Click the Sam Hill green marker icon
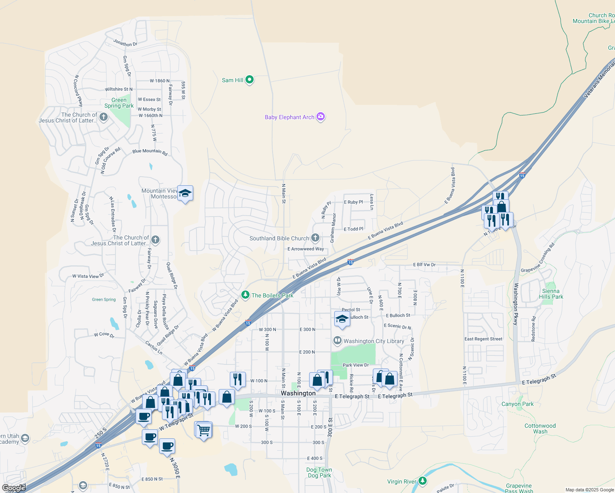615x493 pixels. coord(250,80)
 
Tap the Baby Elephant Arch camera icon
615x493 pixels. coord(321,117)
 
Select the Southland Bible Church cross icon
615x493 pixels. coord(315,238)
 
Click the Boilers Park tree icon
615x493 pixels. coord(245,295)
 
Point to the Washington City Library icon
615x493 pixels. coord(338,341)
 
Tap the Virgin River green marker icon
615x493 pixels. coord(423,481)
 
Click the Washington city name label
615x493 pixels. coord(298,393)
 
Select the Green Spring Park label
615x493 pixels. coord(119,103)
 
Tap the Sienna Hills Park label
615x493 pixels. coord(551,294)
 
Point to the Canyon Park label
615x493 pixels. coord(517,404)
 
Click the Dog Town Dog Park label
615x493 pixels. coord(319,472)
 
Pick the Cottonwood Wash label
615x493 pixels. coord(540,428)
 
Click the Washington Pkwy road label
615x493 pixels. coord(516,304)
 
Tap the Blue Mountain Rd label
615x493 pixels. coord(150,152)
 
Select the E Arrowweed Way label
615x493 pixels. coord(305,249)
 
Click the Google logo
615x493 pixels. coord(14,488)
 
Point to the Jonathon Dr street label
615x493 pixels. coord(125,43)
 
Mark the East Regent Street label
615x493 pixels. coord(483,339)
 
